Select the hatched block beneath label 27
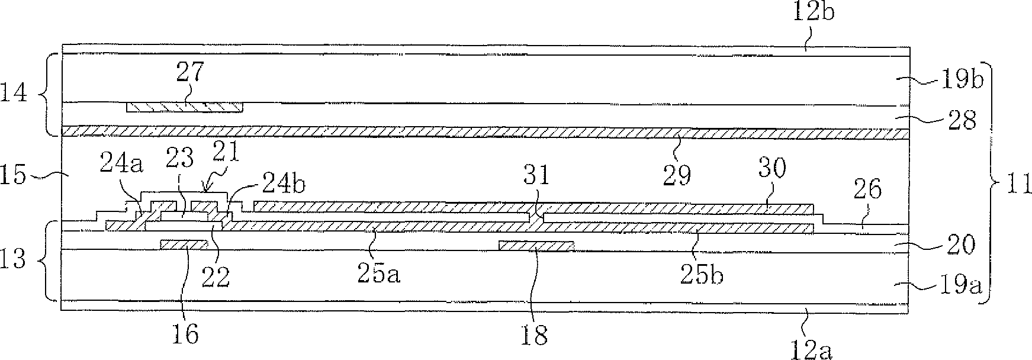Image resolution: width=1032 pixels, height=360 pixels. (x=185, y=107)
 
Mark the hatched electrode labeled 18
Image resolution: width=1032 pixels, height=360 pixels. (x=536, y=246)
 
